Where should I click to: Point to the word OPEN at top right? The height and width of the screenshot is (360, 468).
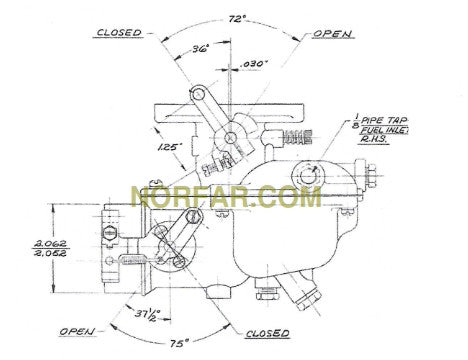click(333, 33)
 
